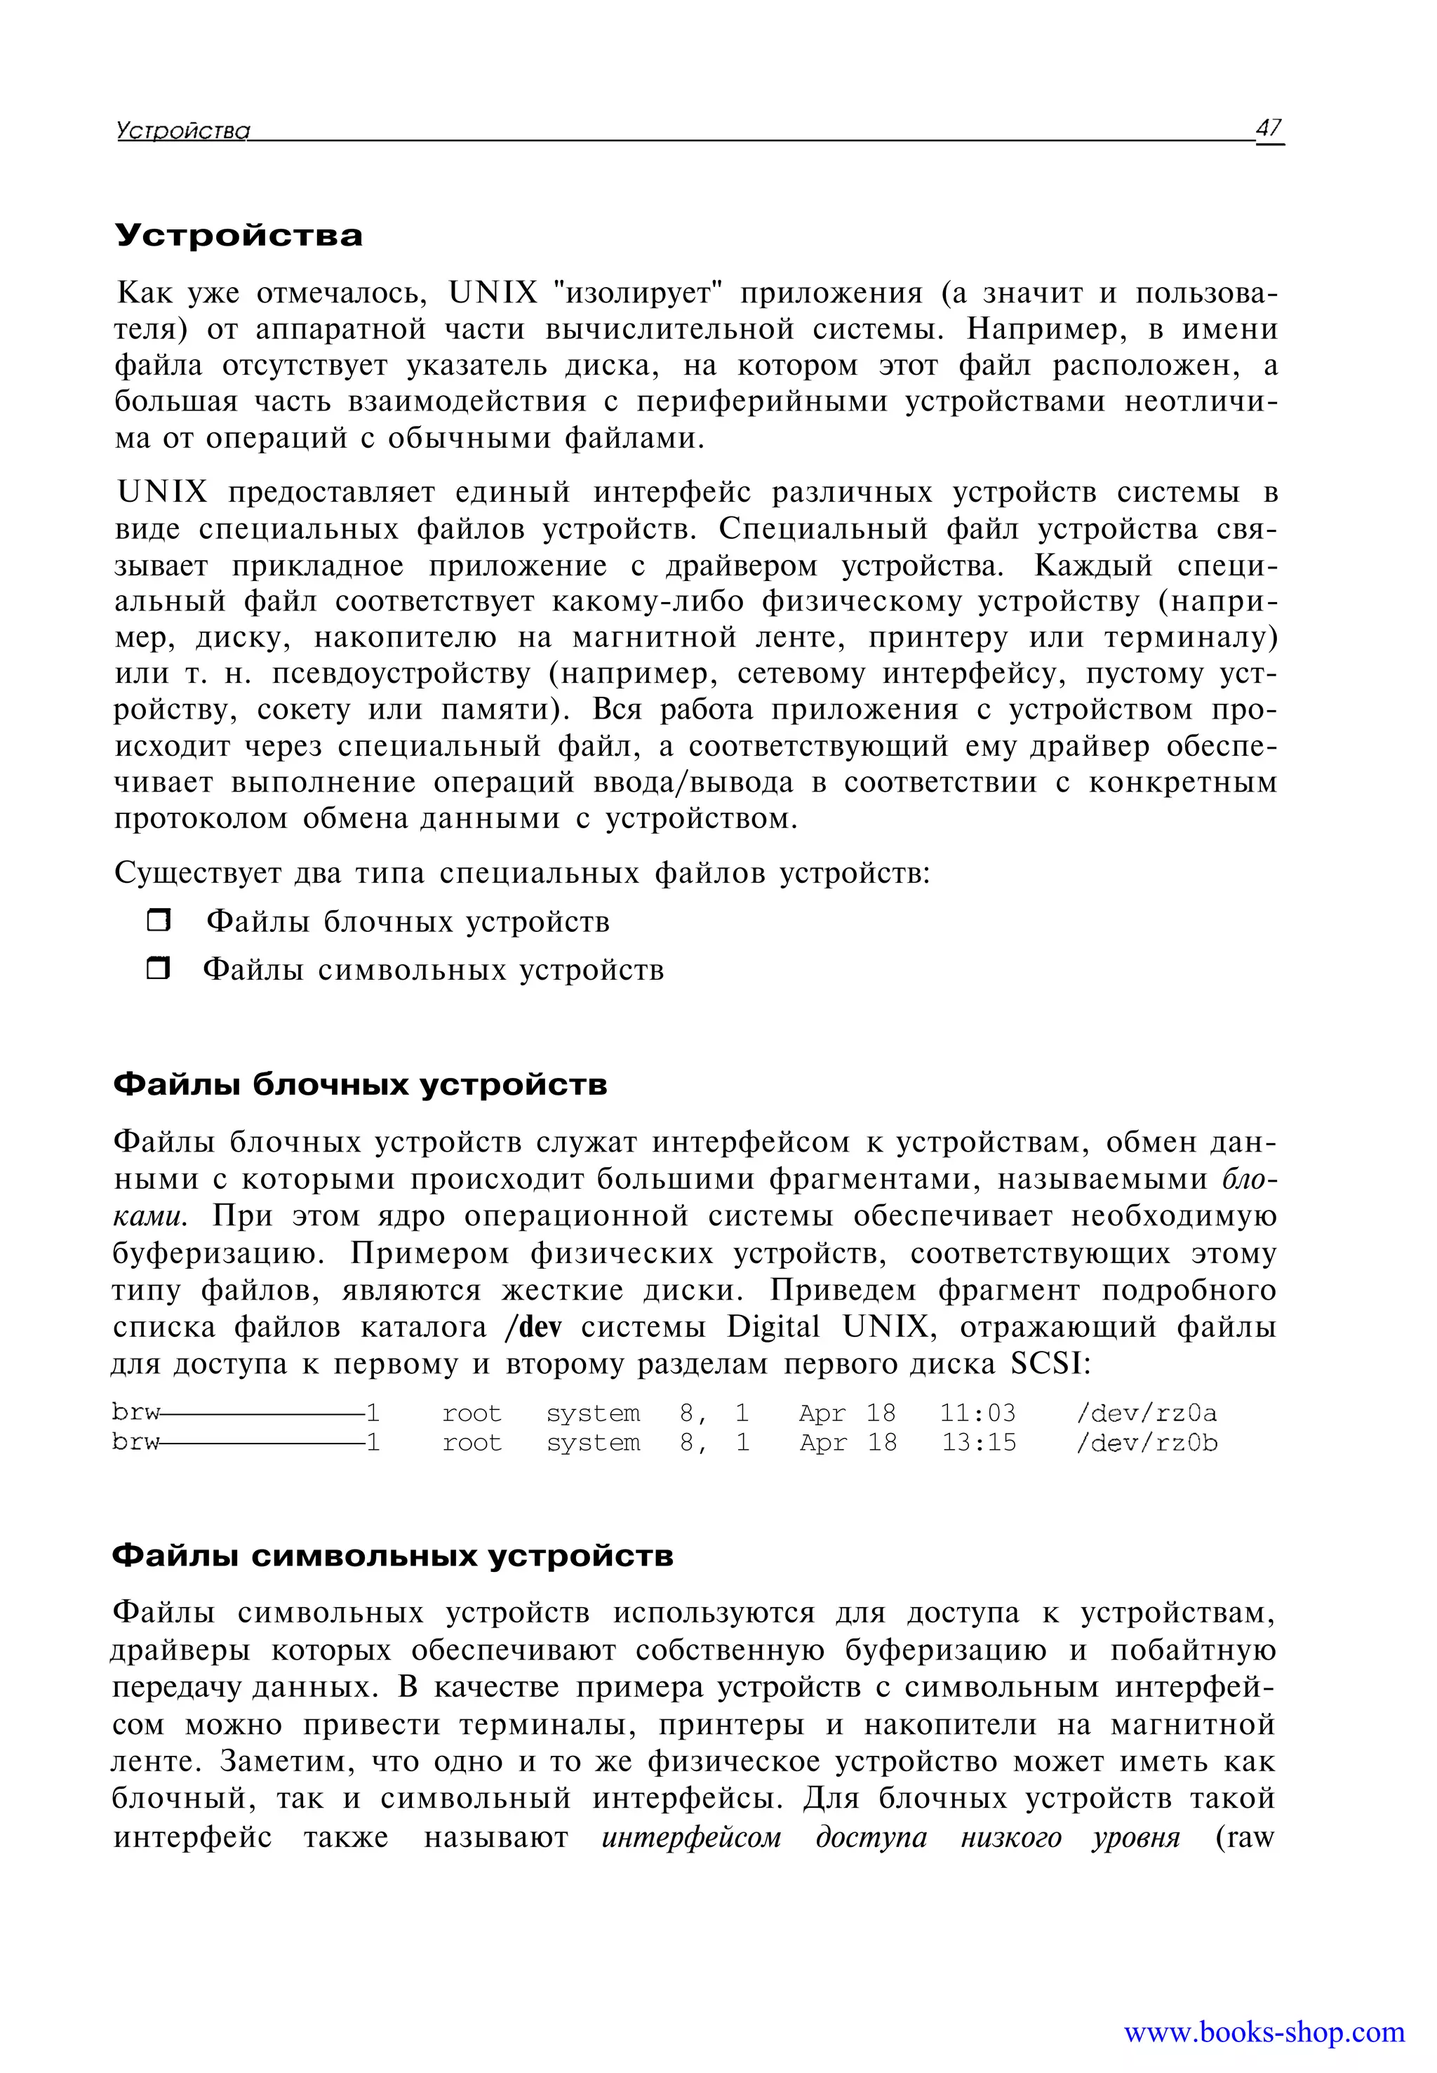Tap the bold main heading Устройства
(x=239, y=236)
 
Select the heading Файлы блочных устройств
(x=359, y=1084)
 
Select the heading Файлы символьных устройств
(x=392, y=1555)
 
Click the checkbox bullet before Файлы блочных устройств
(x=159, y=920)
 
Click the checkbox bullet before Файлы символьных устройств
(x=159, y=969)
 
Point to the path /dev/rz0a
(x=1147, y=1413)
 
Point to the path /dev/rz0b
(x=1147, y=1443)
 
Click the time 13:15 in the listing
(x=978, y=1443)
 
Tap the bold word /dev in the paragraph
(x=533, y=1327)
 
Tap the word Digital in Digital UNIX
(x=773, y=1327)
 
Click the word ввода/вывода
(x=693, y=782)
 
